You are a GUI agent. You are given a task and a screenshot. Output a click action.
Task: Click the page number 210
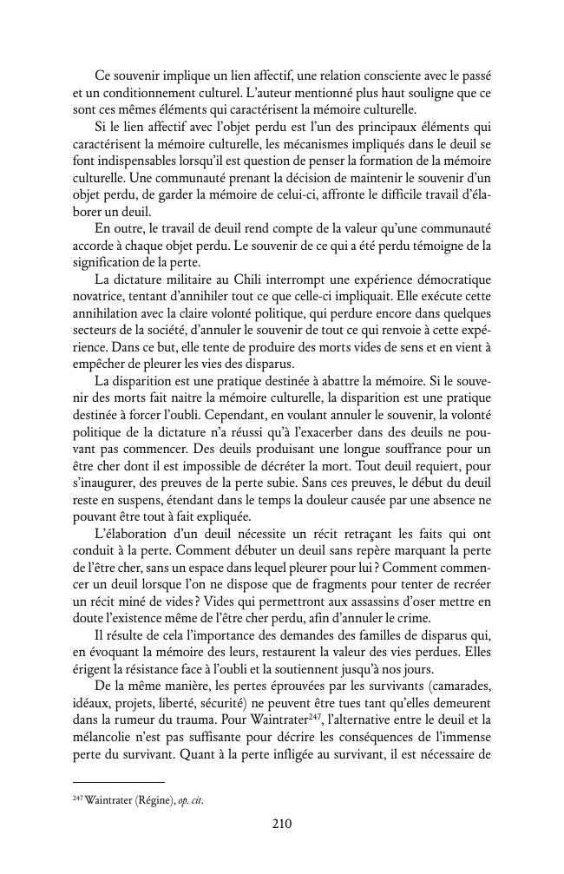[x=281, y=825]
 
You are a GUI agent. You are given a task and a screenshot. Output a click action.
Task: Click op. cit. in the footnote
[x=191, y=798]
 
